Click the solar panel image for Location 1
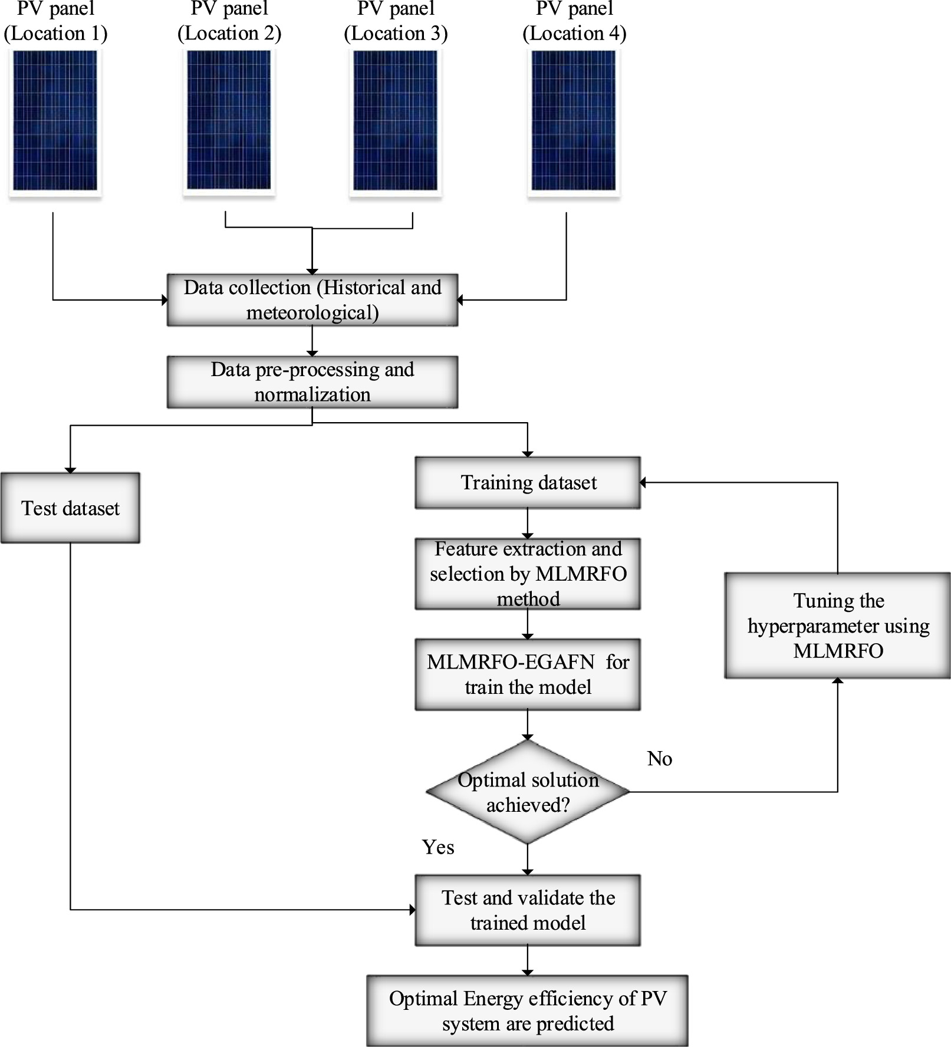(55, 121)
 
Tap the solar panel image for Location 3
(395, 121)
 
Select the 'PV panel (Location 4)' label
(574, 21)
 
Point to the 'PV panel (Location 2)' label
(229, 21)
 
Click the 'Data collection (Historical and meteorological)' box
(312, 299)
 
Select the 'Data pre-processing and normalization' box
(312, 381)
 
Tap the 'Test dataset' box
(70, 508)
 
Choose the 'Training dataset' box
(528, 482)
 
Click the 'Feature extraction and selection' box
(528, 574)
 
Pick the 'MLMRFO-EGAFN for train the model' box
(528, 674)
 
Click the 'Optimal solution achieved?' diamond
(528, 792)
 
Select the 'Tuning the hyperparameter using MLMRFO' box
(838, 625)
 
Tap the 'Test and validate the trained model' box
(528, 910)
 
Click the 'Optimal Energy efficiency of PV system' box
(528, 1010)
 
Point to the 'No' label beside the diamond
(660, 759)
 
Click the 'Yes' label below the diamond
(438, 847)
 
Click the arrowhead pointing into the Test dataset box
(70, 470)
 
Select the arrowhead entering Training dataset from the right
(643, 482)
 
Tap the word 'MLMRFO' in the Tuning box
(838, 651)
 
